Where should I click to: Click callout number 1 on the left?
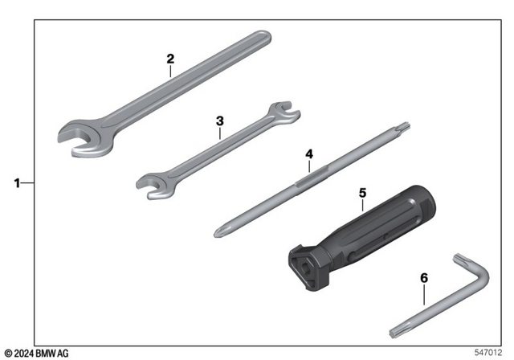pyautogui.click(x=17, y=182)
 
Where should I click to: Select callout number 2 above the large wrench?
pyautogui.click(x=170, y=59)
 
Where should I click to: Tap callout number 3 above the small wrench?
pyautogui.click(x=219, y=121)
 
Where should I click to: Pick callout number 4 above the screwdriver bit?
pyautogui.click(x=308, y=152)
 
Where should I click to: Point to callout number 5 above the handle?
pyautogui.click(x=362, y=193)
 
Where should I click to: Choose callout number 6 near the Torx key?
pyautogui.click(x=424, y=278)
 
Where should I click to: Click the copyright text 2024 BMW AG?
pyautogui.click(x=37, y=354)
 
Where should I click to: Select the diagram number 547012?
pyautogui.click(x=490, y=352)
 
